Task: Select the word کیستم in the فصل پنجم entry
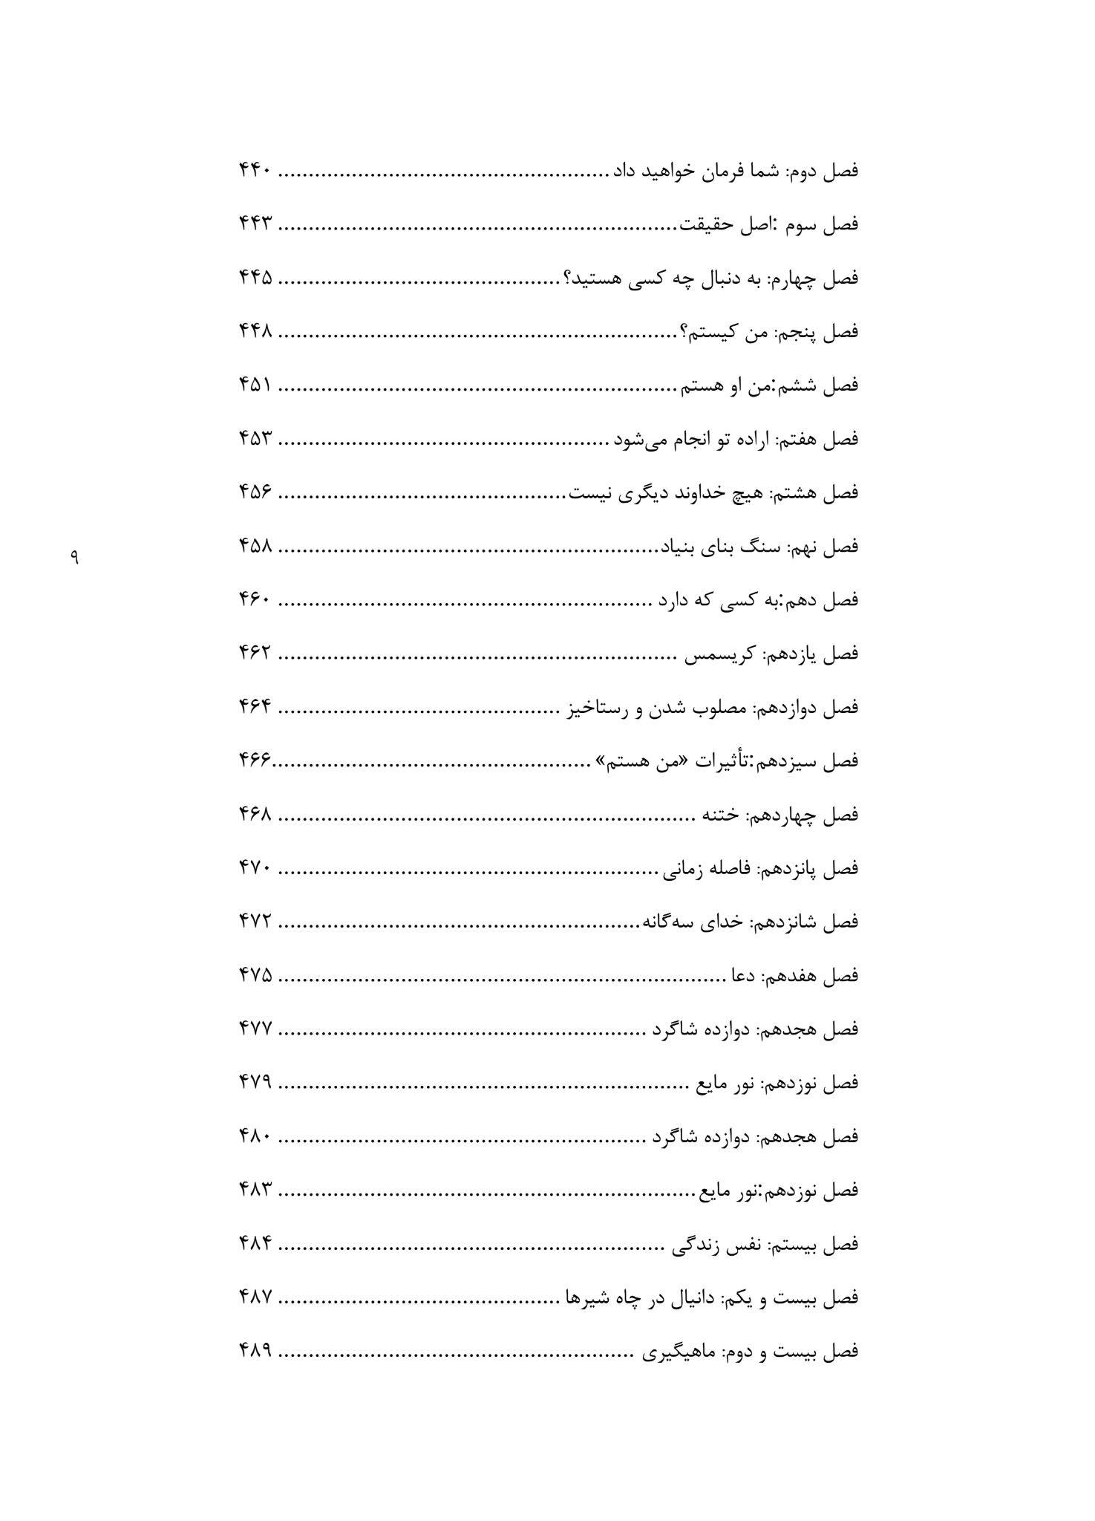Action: (x=713, y=332)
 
